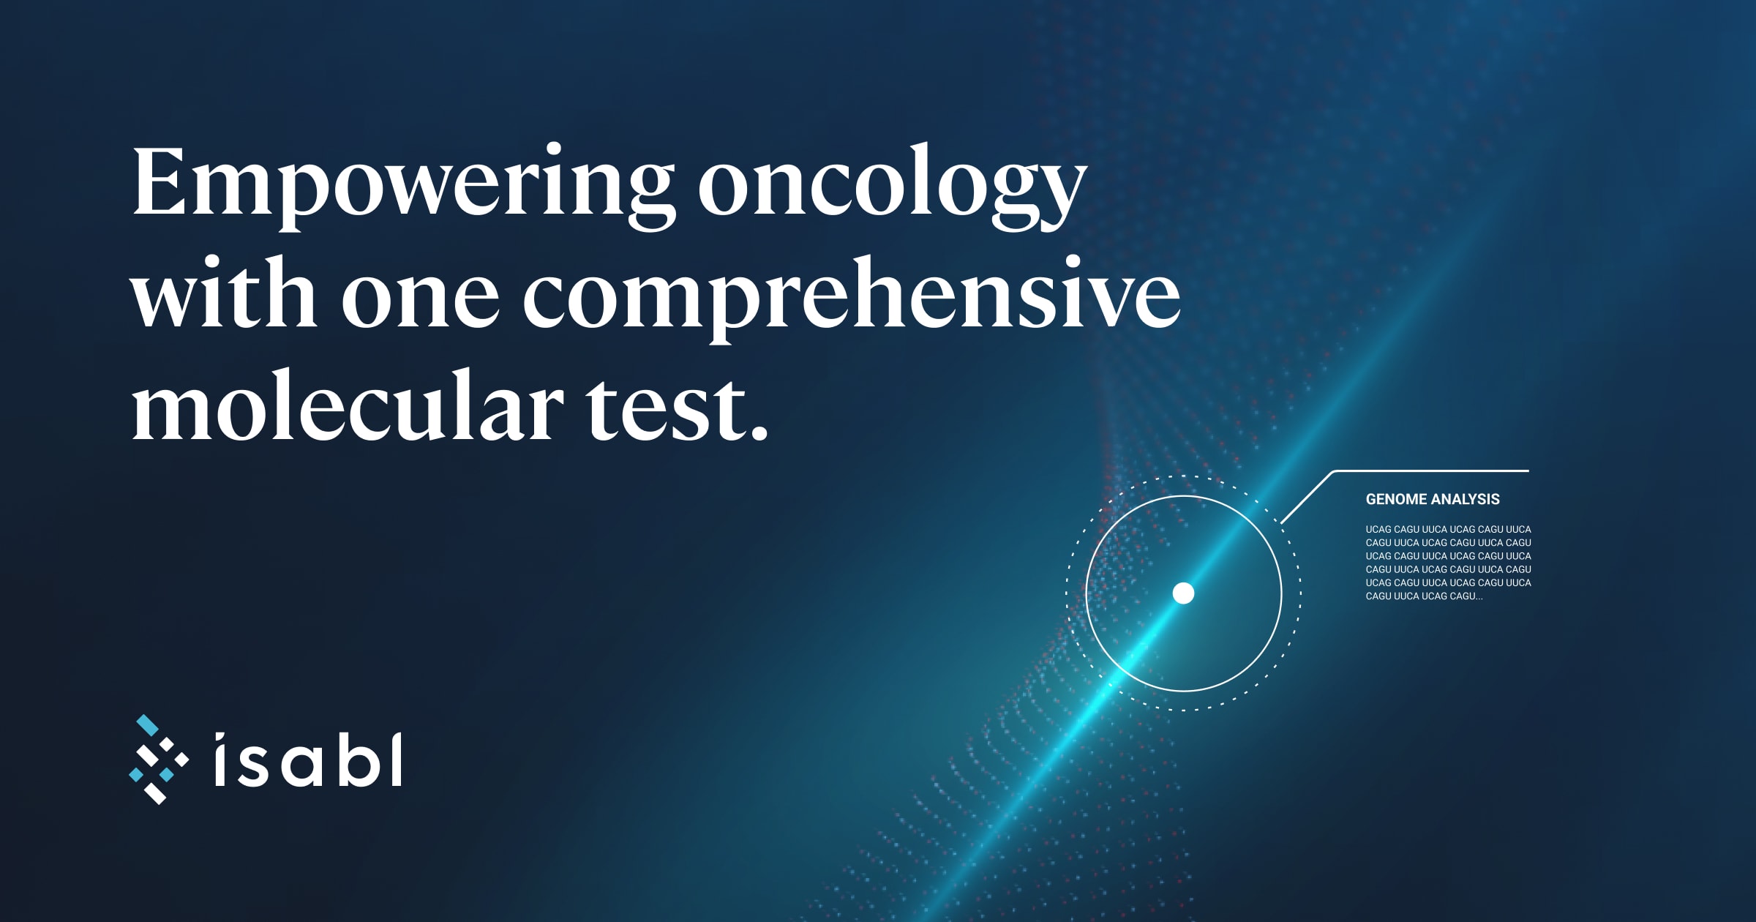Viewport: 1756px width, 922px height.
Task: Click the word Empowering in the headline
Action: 402,187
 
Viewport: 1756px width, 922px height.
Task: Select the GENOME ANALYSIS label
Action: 1433,499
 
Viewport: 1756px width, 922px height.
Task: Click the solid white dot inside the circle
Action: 1183,593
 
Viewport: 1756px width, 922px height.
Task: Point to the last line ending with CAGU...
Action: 1424,596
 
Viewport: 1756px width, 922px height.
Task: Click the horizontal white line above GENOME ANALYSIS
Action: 1432,471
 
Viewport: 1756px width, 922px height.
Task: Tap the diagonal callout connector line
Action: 1307,498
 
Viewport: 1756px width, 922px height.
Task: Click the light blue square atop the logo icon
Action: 148,725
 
